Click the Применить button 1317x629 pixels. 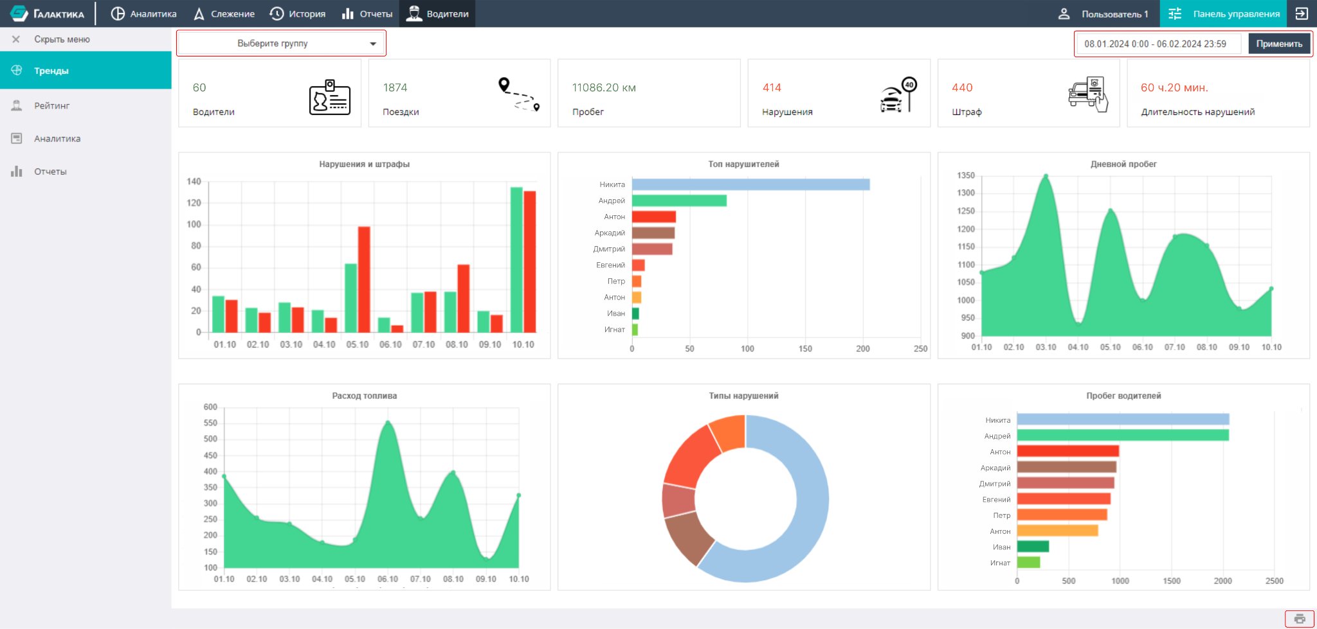(x=1279, y=44)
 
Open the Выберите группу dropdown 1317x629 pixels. (x=281, y=43)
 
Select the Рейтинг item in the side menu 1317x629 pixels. (x=51, y=105)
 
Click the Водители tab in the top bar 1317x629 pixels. (x=437, y=13)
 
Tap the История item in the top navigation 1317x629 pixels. (x=297, y=13)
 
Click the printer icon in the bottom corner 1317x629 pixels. (x=1300, y=619)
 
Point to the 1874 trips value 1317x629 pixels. (x=395, y=87)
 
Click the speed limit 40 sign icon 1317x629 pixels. (x=898, y=95)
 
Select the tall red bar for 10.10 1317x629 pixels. (x=530, y=261)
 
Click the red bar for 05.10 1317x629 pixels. (x=364, y=279)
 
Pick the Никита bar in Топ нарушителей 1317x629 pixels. (x=750, y=184)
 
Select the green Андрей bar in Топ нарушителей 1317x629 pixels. (x=679, y=200)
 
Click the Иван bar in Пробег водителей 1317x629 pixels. (x=1033, y=547)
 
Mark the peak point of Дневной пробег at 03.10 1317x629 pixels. (x=1046, y=175)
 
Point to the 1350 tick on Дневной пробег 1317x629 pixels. (x=966, y=175)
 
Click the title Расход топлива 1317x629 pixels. (x=365, y=396)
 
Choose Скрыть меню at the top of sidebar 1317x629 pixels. (x=62, y=39)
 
